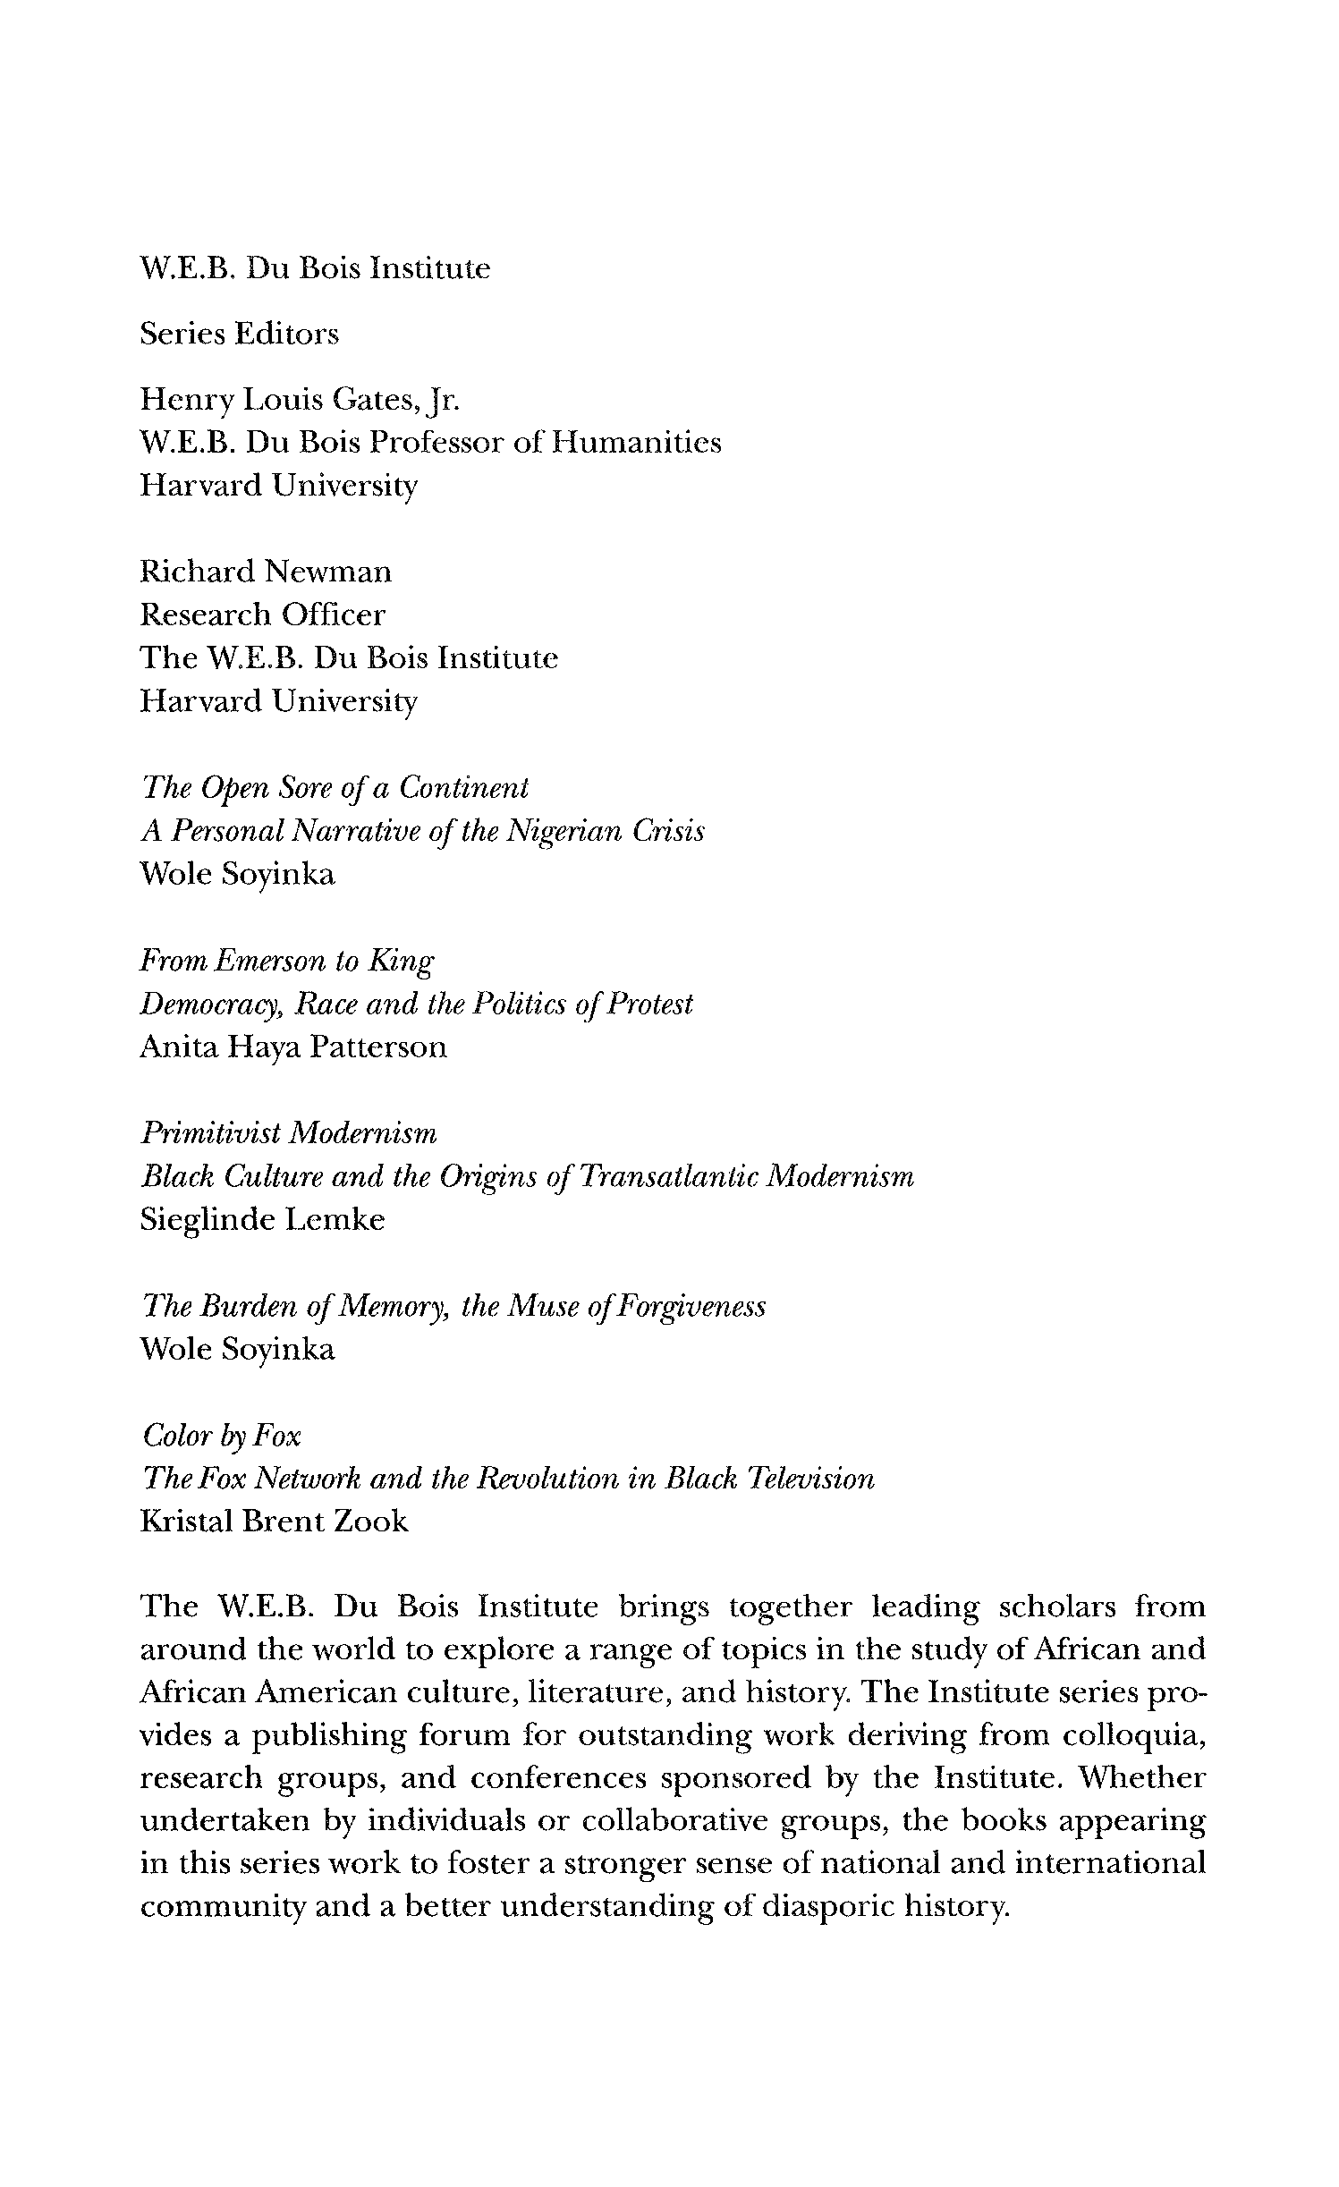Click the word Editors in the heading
[x=286, y=334]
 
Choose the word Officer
[x=333, y=615]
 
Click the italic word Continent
[x=463, y=788]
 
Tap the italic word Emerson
[x=272, y=961]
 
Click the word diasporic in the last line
[x=826, y=1908]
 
